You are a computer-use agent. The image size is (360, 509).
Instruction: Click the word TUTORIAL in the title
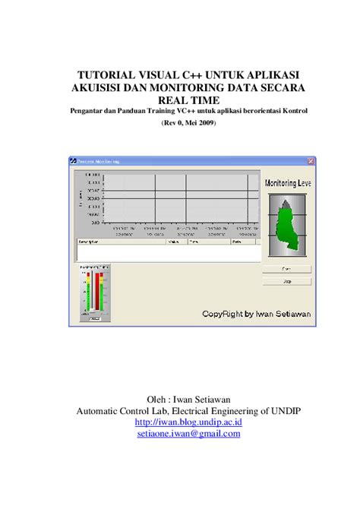click(x=106, y=74)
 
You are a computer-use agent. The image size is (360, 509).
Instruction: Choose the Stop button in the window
click(x=287, y=280)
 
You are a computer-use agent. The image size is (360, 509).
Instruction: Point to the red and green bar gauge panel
click(x=94, y=293)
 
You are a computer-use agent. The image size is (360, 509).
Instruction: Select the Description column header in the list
click(x=88, y=242)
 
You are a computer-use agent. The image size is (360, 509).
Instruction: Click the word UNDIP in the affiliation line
click(x=285, y=411)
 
